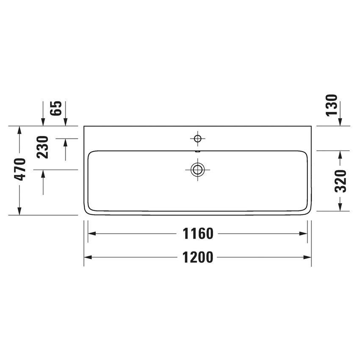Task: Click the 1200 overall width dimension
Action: point(198,258)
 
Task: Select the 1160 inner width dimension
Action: point(198,233)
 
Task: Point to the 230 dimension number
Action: point(42,147)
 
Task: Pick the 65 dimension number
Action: point(56,108)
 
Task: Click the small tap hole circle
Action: point(197,138)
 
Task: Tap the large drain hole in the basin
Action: point(197,169)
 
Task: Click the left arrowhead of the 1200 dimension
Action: point(87,258)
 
